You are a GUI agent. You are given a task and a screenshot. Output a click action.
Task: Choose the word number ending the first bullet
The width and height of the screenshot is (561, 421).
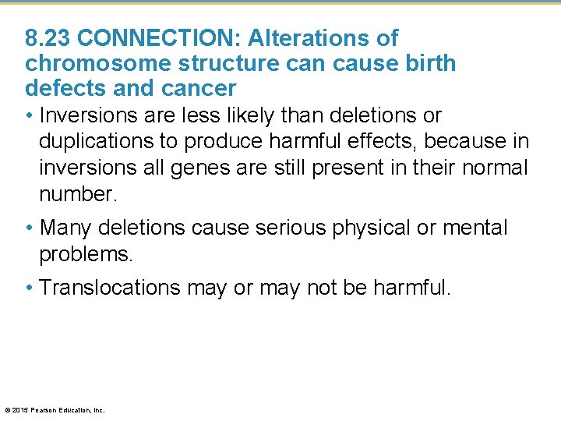click(77, 193)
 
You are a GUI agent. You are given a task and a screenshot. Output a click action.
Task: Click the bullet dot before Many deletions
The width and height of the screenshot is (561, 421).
click(29, 228)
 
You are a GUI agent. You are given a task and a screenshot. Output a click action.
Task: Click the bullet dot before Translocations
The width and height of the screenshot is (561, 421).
click(29, 288)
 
